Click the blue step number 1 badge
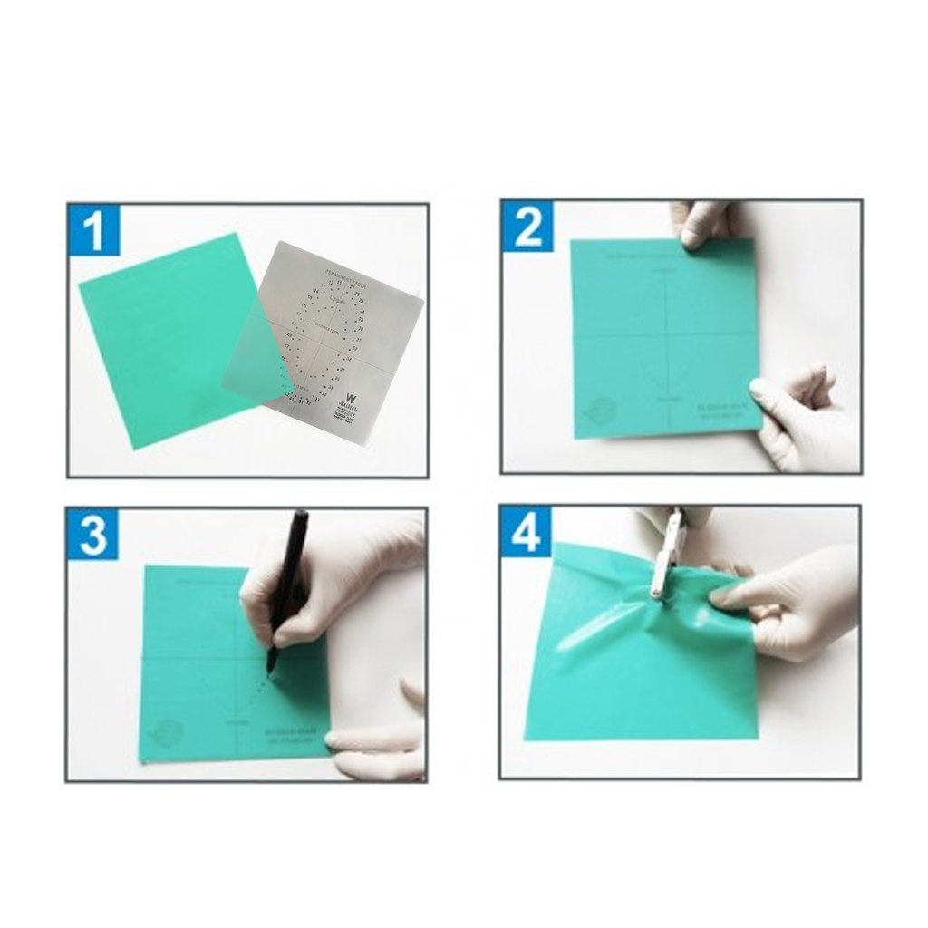click(x=94, y=231)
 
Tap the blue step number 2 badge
click(x=527, y=227)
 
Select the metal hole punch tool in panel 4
click(x=665, y=557)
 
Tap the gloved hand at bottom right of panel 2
click(x=802, y=421)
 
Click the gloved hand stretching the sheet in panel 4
click(x=788, y=603)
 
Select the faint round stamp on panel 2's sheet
click(x=600, y=411)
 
